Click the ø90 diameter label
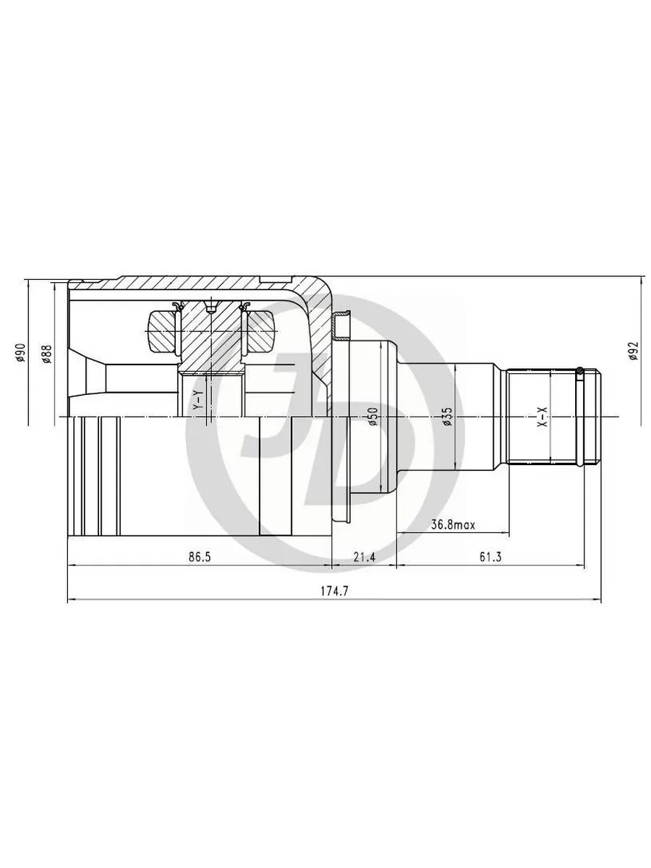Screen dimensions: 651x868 [x=20, y=352]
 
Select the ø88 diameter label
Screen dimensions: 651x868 [x=46, y=354]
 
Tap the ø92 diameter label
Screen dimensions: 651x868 [x=633, y=351]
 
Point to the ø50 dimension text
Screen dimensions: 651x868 [x=373, y=417]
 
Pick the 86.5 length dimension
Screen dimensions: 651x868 [x=200, y=557]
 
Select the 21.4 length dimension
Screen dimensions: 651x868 [x=364, y=557]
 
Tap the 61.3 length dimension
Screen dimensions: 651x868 [x=490, y=557]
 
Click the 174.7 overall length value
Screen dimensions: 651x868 [x=334, y=591]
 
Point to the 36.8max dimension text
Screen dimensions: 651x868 [x=453, y=524]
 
